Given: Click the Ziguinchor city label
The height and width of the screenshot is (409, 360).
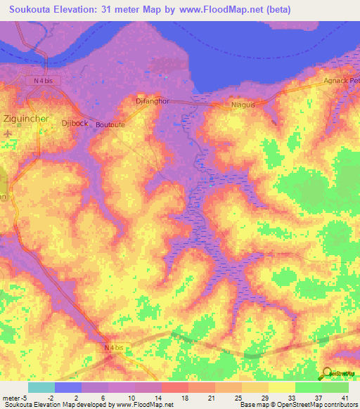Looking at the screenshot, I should [27, 118].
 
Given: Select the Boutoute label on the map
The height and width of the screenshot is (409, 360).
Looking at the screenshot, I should [110, 124].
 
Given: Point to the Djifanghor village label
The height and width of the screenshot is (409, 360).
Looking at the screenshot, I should [153, 101].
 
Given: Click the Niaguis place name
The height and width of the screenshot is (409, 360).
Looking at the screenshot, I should [243, 105].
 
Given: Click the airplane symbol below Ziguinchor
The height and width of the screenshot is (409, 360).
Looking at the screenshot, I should [8, 133].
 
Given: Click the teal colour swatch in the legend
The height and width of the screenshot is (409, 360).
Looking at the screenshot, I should [41, 387].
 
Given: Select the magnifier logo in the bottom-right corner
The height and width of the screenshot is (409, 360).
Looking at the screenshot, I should [328, 374].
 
